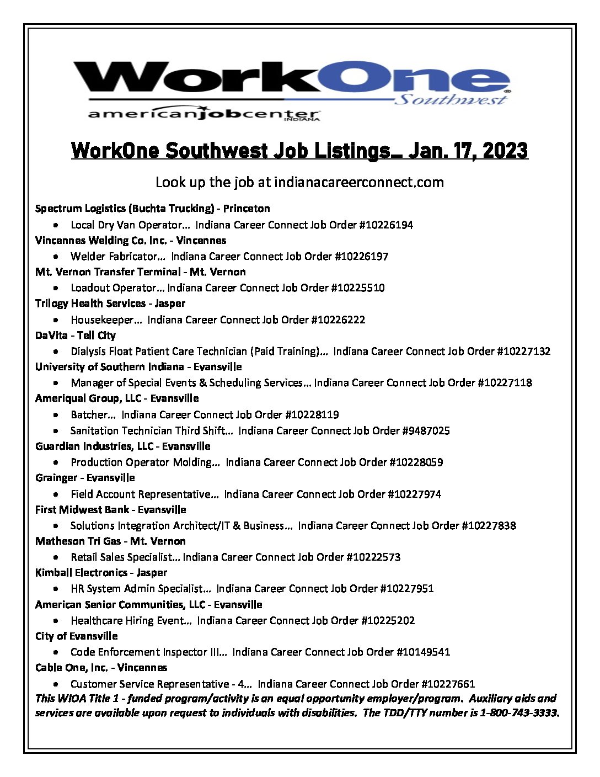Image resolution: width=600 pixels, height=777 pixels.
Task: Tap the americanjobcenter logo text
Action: click(204, 114)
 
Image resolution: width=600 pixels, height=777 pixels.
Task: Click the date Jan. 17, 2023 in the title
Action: click(468, 151)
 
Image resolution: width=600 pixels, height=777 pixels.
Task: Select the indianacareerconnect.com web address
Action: click(358, 182)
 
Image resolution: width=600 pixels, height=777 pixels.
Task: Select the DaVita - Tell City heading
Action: click(76, 336)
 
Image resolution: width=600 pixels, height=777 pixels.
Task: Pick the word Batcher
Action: click(89, 415)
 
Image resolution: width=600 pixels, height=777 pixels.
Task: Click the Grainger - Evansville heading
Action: click(85, 478)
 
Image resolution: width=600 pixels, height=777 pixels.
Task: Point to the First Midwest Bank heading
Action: click(82, 510)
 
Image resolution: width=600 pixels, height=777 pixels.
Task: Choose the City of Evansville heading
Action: click(77, 636)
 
